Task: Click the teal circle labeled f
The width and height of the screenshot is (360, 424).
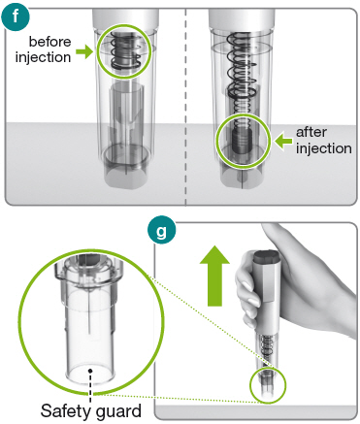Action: (x=16, y=16)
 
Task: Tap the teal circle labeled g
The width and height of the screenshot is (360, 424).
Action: (x=161, y=230)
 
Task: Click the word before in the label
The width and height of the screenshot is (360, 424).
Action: (x=49, y=42)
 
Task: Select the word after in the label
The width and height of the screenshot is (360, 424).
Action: (x=311, y=132)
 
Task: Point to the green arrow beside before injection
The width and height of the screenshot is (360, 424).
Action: (x=84, y=51)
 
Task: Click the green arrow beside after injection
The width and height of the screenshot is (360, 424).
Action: (x=283, y=141)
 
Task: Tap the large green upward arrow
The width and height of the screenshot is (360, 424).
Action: (x=214, y=276)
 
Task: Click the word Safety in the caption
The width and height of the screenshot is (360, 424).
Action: (x=67, y=411)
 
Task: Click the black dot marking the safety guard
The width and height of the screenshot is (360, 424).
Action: (x=90, y=371)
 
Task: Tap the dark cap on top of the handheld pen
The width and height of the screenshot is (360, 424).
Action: (x=266, y=256)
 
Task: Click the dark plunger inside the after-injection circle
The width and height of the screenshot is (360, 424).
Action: (x=241, y=142)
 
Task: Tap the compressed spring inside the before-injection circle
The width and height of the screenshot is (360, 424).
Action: (x=125, y=50)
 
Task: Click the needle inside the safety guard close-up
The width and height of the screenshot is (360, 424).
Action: (x=88, y=311)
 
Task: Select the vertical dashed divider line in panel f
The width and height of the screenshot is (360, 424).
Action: (x=185, y=108)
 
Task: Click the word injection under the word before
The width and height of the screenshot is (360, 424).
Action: (x=44, y=57)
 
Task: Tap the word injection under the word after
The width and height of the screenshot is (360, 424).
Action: (x=324, y=148)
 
